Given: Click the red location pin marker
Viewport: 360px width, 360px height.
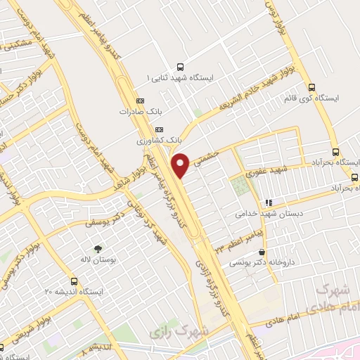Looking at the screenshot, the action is click(181, 165).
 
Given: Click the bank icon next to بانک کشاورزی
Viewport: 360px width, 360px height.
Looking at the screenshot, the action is click(158, 129).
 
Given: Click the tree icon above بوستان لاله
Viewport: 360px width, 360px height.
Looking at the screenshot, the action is click(98, 248).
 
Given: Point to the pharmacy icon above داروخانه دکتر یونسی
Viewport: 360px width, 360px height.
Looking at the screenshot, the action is click(262, 252).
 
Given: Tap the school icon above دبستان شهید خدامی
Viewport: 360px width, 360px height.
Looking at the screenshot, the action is click(268, 202).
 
